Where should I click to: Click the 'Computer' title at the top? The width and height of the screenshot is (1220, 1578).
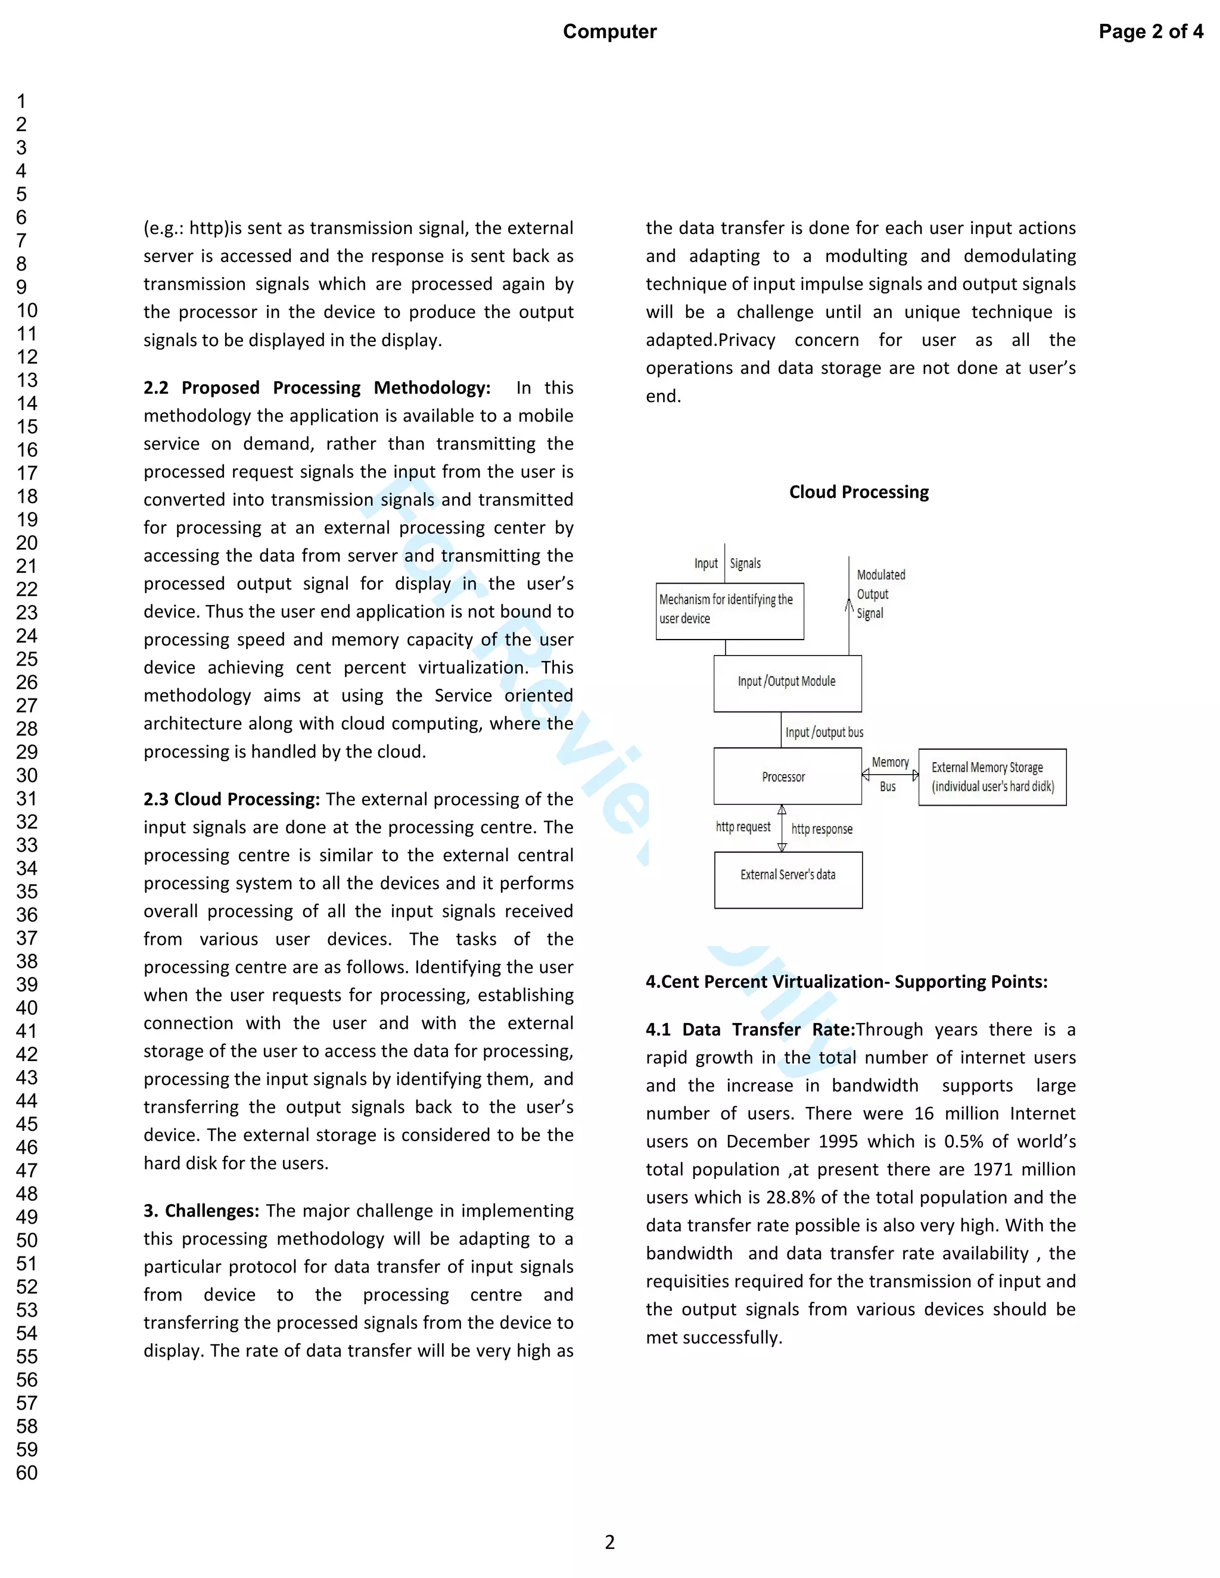(x=609, y=32)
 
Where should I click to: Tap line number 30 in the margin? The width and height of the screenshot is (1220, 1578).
(x=27, y=775)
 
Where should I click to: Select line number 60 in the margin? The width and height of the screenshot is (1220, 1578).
(x=27, y=1473)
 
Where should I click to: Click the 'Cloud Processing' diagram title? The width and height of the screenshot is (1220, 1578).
(x=858, y=492)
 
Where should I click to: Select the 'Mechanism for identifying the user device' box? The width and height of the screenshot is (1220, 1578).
(x=729, y=610)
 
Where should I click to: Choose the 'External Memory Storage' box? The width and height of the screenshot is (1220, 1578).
(x=992, y=776)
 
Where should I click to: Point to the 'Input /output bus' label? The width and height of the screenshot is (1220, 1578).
(x=824, y=732)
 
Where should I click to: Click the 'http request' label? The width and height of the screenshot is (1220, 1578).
(x=742, y=827)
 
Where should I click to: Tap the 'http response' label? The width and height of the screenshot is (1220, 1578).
(x=821, y=829)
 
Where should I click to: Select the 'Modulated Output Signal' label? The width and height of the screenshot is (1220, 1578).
(x=880, y=594)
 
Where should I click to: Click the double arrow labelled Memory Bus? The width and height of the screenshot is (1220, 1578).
(x=890, y=775)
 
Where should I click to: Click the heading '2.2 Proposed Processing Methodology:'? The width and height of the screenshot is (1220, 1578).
(x=316, y=388)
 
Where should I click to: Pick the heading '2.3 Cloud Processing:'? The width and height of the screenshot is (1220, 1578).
(x=231, y=799)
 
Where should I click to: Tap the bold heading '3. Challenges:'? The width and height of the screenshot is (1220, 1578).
(x=201, y=1211)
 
